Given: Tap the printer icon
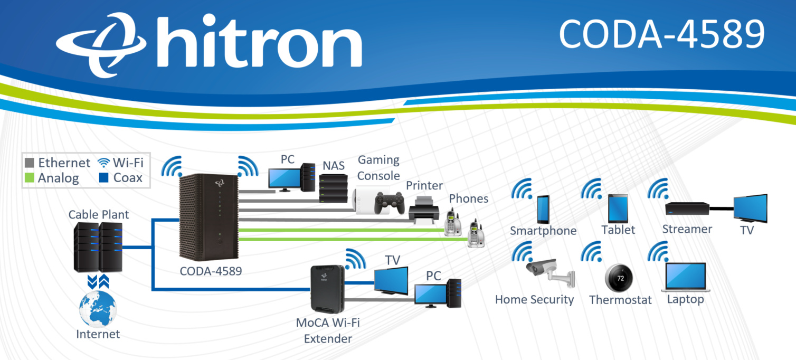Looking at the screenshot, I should click(423, 210).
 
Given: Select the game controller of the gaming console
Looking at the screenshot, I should click(388, 203).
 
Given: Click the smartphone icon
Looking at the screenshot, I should click(543, 209).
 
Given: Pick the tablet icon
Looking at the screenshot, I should click(618, 209).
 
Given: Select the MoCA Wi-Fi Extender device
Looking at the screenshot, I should click(327, 290).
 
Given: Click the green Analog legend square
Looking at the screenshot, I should click(30, 178).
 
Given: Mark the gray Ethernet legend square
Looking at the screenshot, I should click(30, 162).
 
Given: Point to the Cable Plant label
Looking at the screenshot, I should click(99, 215).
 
